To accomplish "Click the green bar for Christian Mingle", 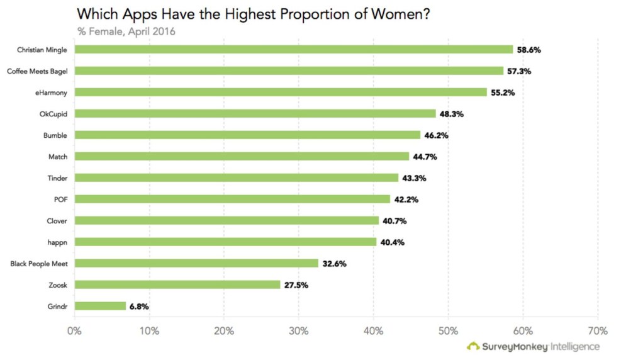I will click(x=294, y=49).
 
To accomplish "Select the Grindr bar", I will click(x=100, y=306).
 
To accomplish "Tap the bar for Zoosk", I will click(x=177, y=284).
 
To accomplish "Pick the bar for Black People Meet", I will click(x=196, y=263).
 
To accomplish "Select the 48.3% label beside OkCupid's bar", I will click(x=451, y=114).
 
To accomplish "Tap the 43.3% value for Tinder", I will click(x=414, y=178).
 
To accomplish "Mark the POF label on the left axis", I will click(x=60, y=199).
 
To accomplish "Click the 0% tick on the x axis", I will click(x=75, y=331).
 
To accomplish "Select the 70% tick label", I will click(x=597, y=331).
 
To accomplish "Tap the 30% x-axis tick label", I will click(x=299, y=331).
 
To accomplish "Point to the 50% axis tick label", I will click(x=448, y=331).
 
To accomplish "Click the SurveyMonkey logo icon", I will click(x=473, y=346).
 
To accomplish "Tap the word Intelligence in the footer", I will click(x=576, y=346).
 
